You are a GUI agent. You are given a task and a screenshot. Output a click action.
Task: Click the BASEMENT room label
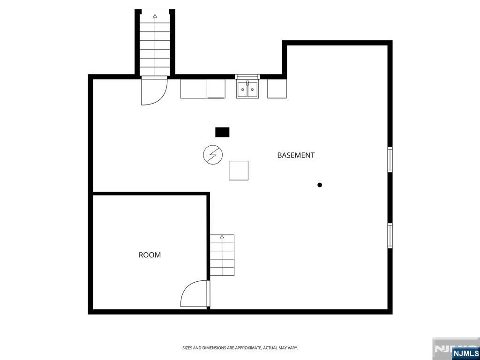coord(296,155)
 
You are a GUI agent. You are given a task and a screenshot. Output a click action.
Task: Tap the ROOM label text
coord(150,255)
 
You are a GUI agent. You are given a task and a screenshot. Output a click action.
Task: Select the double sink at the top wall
coord(247,89)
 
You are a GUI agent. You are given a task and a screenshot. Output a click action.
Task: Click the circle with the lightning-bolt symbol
coord(213,155)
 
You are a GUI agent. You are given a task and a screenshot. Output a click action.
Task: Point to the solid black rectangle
coord(222,132)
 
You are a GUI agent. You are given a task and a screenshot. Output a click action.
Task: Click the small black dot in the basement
coord(320,185)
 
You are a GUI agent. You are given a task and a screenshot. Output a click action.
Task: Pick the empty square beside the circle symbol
coord(239,170)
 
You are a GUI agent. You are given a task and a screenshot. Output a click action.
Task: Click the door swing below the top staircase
coord(154,91)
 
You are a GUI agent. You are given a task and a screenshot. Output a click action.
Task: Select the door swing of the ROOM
coord(194,294)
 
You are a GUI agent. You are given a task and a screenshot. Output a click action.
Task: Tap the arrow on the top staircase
coord(155,16)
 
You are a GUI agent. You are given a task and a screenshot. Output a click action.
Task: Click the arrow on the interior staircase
coord(222,237)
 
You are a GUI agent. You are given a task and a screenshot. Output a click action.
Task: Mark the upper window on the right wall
coord(390,160)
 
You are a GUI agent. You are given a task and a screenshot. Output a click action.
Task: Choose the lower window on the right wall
coord(390,235)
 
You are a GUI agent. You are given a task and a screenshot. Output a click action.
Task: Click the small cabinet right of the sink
coord(277,89)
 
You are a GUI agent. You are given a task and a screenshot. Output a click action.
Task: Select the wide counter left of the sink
coord(202,89)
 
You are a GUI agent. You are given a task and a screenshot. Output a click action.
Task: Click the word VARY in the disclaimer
coord(292,348)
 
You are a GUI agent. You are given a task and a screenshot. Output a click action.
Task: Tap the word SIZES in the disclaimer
coord(187,348)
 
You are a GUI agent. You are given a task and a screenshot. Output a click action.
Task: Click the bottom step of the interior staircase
coord(222,271)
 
